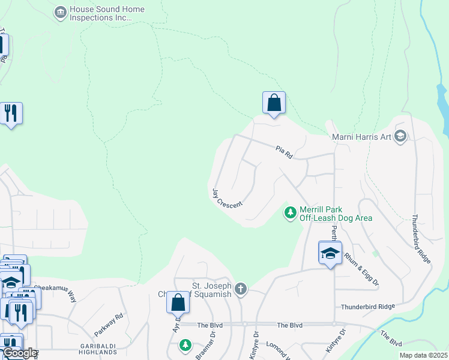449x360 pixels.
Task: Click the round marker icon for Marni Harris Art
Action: [x=401, y=137]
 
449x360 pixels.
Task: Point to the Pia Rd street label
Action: [x=283, y=152]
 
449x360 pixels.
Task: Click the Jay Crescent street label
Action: [x=227, y=198]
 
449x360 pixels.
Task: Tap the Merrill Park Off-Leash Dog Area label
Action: [x=336, y=214]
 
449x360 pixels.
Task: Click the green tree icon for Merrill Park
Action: [x=291, y=212]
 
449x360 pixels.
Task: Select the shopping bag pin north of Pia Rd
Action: [x=274, y=103]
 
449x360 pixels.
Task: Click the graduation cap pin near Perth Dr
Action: [x=330, y=254]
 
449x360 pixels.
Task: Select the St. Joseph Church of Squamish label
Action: [x=211, y=290]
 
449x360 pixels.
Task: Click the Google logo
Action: [x=19, y=353]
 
